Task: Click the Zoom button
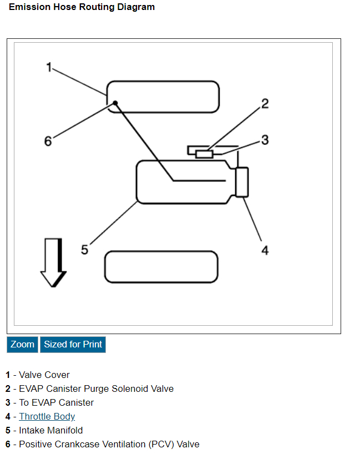pos(22,344)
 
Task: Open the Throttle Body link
pos(47,416)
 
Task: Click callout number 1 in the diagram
pos(49,68)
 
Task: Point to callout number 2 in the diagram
pos(265,103)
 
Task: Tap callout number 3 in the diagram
pos(265,140)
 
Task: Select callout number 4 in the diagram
pos(265,250)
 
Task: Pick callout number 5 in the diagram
pos(84,250)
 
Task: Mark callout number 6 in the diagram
pos(48,141)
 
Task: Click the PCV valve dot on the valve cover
pos(115,103)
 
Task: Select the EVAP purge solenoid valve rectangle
pos(205,154)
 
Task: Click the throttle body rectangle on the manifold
pos(242,181)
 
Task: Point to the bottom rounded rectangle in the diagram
pos(161,266)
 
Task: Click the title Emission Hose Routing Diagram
pos(82,7)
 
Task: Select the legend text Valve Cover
pos(44,375)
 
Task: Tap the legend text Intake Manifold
pos(51,430)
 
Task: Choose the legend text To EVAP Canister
pos(57,402)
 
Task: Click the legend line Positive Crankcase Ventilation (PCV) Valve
pos(109,444)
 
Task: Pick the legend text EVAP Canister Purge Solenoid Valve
pos(96,389)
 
